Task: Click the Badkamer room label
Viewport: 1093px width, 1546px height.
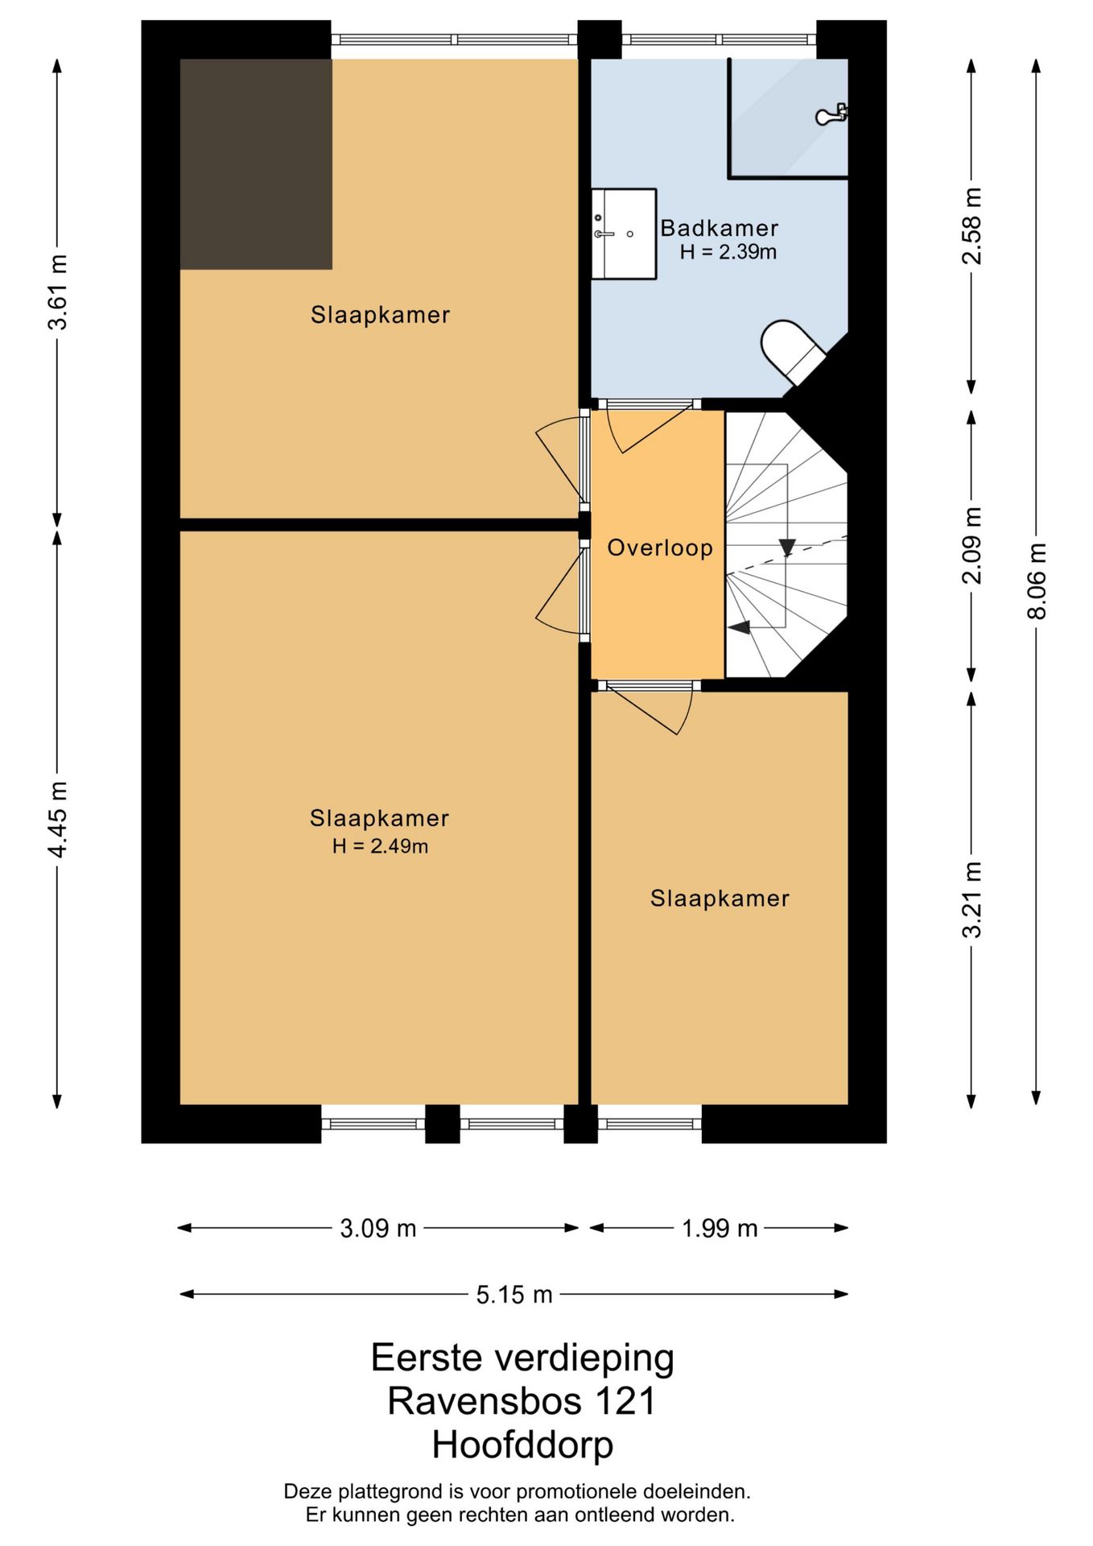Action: pyautogui.click(x=719, y=228)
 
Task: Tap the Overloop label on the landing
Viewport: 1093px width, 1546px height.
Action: pyautogui.click(x=660, y=548)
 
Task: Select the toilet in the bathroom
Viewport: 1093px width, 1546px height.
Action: pyautogui.click(x=793, y=352)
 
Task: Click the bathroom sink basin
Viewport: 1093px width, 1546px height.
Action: pyautogui.click(x=624, y=234)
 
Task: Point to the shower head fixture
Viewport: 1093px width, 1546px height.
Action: pyautogui.click(x=831, y=114)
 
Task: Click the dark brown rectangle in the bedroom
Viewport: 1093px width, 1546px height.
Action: pyautogui.click(x=256, y=163)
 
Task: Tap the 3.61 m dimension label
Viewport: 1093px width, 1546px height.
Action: pyautogui.click(x=58, y=291)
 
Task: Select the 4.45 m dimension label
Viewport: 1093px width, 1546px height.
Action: pyautogui.click(x=58, y=819)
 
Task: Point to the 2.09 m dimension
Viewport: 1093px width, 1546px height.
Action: pyautogui.click(x=972, y=545)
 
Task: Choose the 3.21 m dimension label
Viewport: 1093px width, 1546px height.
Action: pyautogui.click(x=972, y=899)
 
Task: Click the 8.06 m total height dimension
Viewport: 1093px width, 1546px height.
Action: pyautogui.click(x=1037, y=581)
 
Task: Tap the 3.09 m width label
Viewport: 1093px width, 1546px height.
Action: pyautogui.click(x=377, y=1228)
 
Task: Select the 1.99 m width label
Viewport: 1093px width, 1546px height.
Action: pyautogui.click(x=720, y=1228)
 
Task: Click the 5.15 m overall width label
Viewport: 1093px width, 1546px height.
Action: pyautogui.click(x=514, y=1294)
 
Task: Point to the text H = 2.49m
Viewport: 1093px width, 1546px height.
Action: pyautogui.click(x=380, y=845)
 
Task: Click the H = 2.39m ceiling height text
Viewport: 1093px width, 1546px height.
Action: pyautogui.click(x=728, y=252)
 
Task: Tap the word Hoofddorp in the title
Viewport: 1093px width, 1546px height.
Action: pyautogui.click(x=523, y=1445)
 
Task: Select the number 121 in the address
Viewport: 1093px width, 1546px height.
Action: pyautogui.click(x=625, y=1401)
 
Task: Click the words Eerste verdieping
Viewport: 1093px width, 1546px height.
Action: pyautogui.click(x=522, y=1358)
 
